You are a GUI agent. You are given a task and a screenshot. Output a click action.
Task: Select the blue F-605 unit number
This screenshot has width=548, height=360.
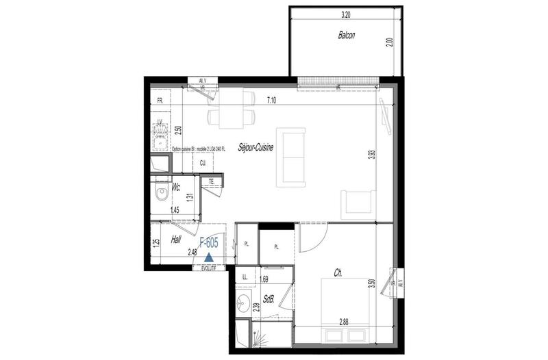209,243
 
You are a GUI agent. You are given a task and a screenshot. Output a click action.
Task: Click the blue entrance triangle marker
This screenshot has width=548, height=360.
209,257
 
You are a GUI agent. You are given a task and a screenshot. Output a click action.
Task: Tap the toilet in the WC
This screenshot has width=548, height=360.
161,193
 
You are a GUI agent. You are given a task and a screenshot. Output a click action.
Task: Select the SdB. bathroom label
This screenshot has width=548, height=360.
269,299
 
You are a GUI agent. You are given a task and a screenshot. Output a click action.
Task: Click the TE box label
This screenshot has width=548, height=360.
212,181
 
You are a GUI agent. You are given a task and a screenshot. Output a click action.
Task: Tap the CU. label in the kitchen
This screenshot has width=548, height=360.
203,164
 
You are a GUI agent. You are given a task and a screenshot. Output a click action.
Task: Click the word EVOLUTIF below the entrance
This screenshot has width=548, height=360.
212,269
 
